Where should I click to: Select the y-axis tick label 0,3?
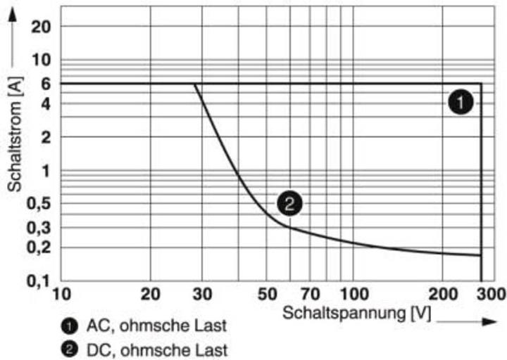tap(37, 228)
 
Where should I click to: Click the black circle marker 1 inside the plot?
tap(459, 103)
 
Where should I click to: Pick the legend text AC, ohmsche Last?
tap(157, 327)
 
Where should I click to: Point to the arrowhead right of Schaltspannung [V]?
tap(490, 321)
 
